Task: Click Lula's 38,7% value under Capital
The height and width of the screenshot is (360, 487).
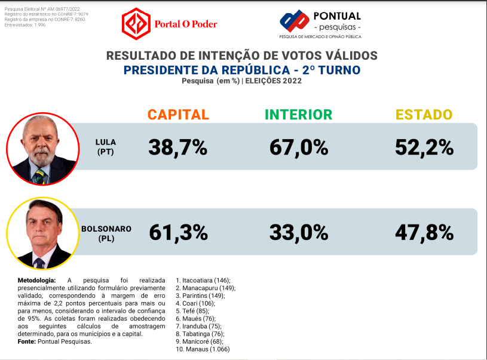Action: (177, 147)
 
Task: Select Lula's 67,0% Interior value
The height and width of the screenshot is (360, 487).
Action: (298, 147)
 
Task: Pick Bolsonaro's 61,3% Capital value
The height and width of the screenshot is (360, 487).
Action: (177, 232)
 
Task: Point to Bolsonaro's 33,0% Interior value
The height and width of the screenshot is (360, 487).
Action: (298, 232)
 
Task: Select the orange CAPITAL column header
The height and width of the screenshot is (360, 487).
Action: (178, 115)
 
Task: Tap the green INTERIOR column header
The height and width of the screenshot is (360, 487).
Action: (298, 115)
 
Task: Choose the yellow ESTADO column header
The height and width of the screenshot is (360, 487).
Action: (424, 115)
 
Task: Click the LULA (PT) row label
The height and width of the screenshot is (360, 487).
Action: (106, 147)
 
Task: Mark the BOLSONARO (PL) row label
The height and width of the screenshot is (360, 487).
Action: (106, 233)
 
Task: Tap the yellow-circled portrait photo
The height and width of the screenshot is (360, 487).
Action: (42, 233)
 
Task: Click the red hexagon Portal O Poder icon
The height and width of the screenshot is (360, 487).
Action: (136, 24)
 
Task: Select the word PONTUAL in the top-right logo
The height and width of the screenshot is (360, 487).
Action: (336, 16)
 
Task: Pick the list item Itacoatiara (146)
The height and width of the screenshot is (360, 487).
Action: (203, 280)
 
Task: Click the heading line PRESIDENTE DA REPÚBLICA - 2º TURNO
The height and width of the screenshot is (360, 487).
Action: (241, 70)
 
